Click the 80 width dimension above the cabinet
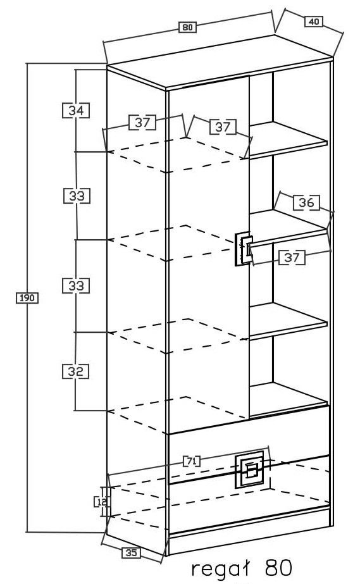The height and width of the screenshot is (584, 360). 187,27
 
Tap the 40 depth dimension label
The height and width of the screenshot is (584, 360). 314,22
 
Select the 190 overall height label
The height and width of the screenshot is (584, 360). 27,298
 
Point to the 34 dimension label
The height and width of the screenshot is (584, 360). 76,111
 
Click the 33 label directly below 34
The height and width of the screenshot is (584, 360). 77,196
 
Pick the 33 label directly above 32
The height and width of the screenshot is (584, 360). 76,285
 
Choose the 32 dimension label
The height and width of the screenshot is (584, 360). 75,371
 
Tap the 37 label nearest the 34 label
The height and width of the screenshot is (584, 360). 142,123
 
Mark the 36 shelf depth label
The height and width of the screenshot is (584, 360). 306,202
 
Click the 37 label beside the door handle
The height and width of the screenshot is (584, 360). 292,258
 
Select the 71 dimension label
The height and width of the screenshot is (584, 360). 192,461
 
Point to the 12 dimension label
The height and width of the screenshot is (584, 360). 101,502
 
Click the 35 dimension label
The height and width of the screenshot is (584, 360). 131,553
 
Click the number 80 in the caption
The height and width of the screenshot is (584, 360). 278,568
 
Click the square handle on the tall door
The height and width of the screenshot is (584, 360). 244,249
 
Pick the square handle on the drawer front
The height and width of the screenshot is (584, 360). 249,469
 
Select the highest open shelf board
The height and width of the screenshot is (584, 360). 288,139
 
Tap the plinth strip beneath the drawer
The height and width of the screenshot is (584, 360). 249,541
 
